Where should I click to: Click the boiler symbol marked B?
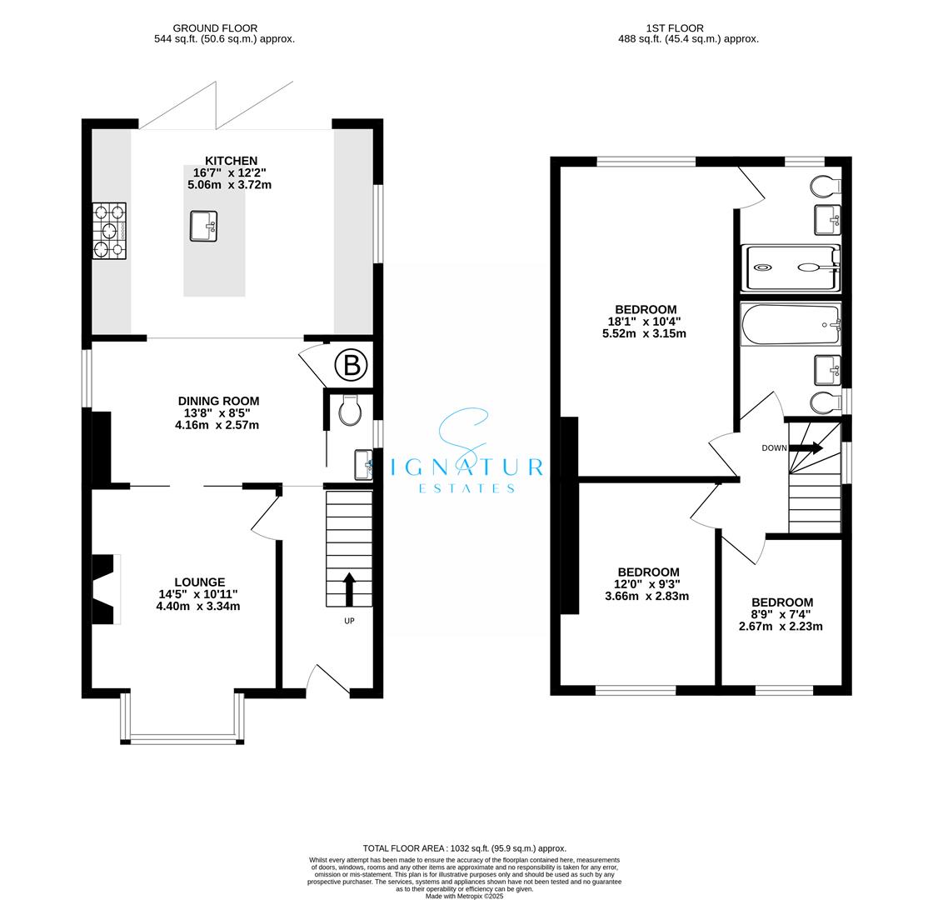(351, 365)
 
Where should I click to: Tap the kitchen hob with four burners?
(109, 231)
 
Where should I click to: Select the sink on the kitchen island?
(203, 226)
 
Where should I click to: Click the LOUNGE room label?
(199, 582)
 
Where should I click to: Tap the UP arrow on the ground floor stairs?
(348, 588)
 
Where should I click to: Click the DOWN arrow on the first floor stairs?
(805, 448)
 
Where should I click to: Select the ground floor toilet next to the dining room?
(350, 411)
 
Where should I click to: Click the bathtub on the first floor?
(790, 324)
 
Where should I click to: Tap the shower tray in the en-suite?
(791, 268)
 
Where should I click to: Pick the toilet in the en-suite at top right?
(826, 184)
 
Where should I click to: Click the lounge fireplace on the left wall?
(105, 589)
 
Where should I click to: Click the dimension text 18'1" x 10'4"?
(644, 322)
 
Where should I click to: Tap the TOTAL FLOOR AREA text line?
(464, 847)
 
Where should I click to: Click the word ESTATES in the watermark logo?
(466, 488)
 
